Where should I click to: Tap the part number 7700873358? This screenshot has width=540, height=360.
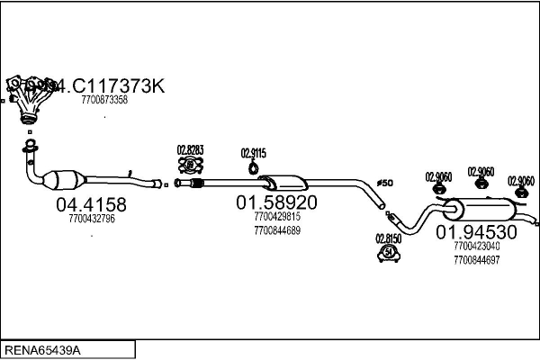click(x=104, y=100)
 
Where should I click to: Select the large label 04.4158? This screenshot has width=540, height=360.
click(x=92, y=203)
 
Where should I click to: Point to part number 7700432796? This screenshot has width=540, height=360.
click(x=91, y=218)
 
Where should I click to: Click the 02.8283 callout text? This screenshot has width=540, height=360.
click(x=190, y=149)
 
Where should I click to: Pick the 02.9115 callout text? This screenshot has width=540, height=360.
click(x=253, y=153)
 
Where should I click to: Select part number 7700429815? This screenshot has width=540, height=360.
click(x=276, y=217)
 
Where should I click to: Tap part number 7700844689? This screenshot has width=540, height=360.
click(x=276, y=230)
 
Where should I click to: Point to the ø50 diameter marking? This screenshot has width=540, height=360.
click(x=384, y=184)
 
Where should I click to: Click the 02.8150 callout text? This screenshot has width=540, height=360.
click(x=388, y=238)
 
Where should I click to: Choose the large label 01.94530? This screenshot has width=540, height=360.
click(x=477, y=232)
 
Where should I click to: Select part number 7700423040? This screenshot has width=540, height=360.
click(x=477, y=245)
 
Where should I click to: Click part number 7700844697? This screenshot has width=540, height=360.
click(x=477, y=258)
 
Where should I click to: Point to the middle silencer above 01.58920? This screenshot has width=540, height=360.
click(x=286, y=182)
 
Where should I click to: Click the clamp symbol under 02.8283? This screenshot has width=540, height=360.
click(x=191, y=165)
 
